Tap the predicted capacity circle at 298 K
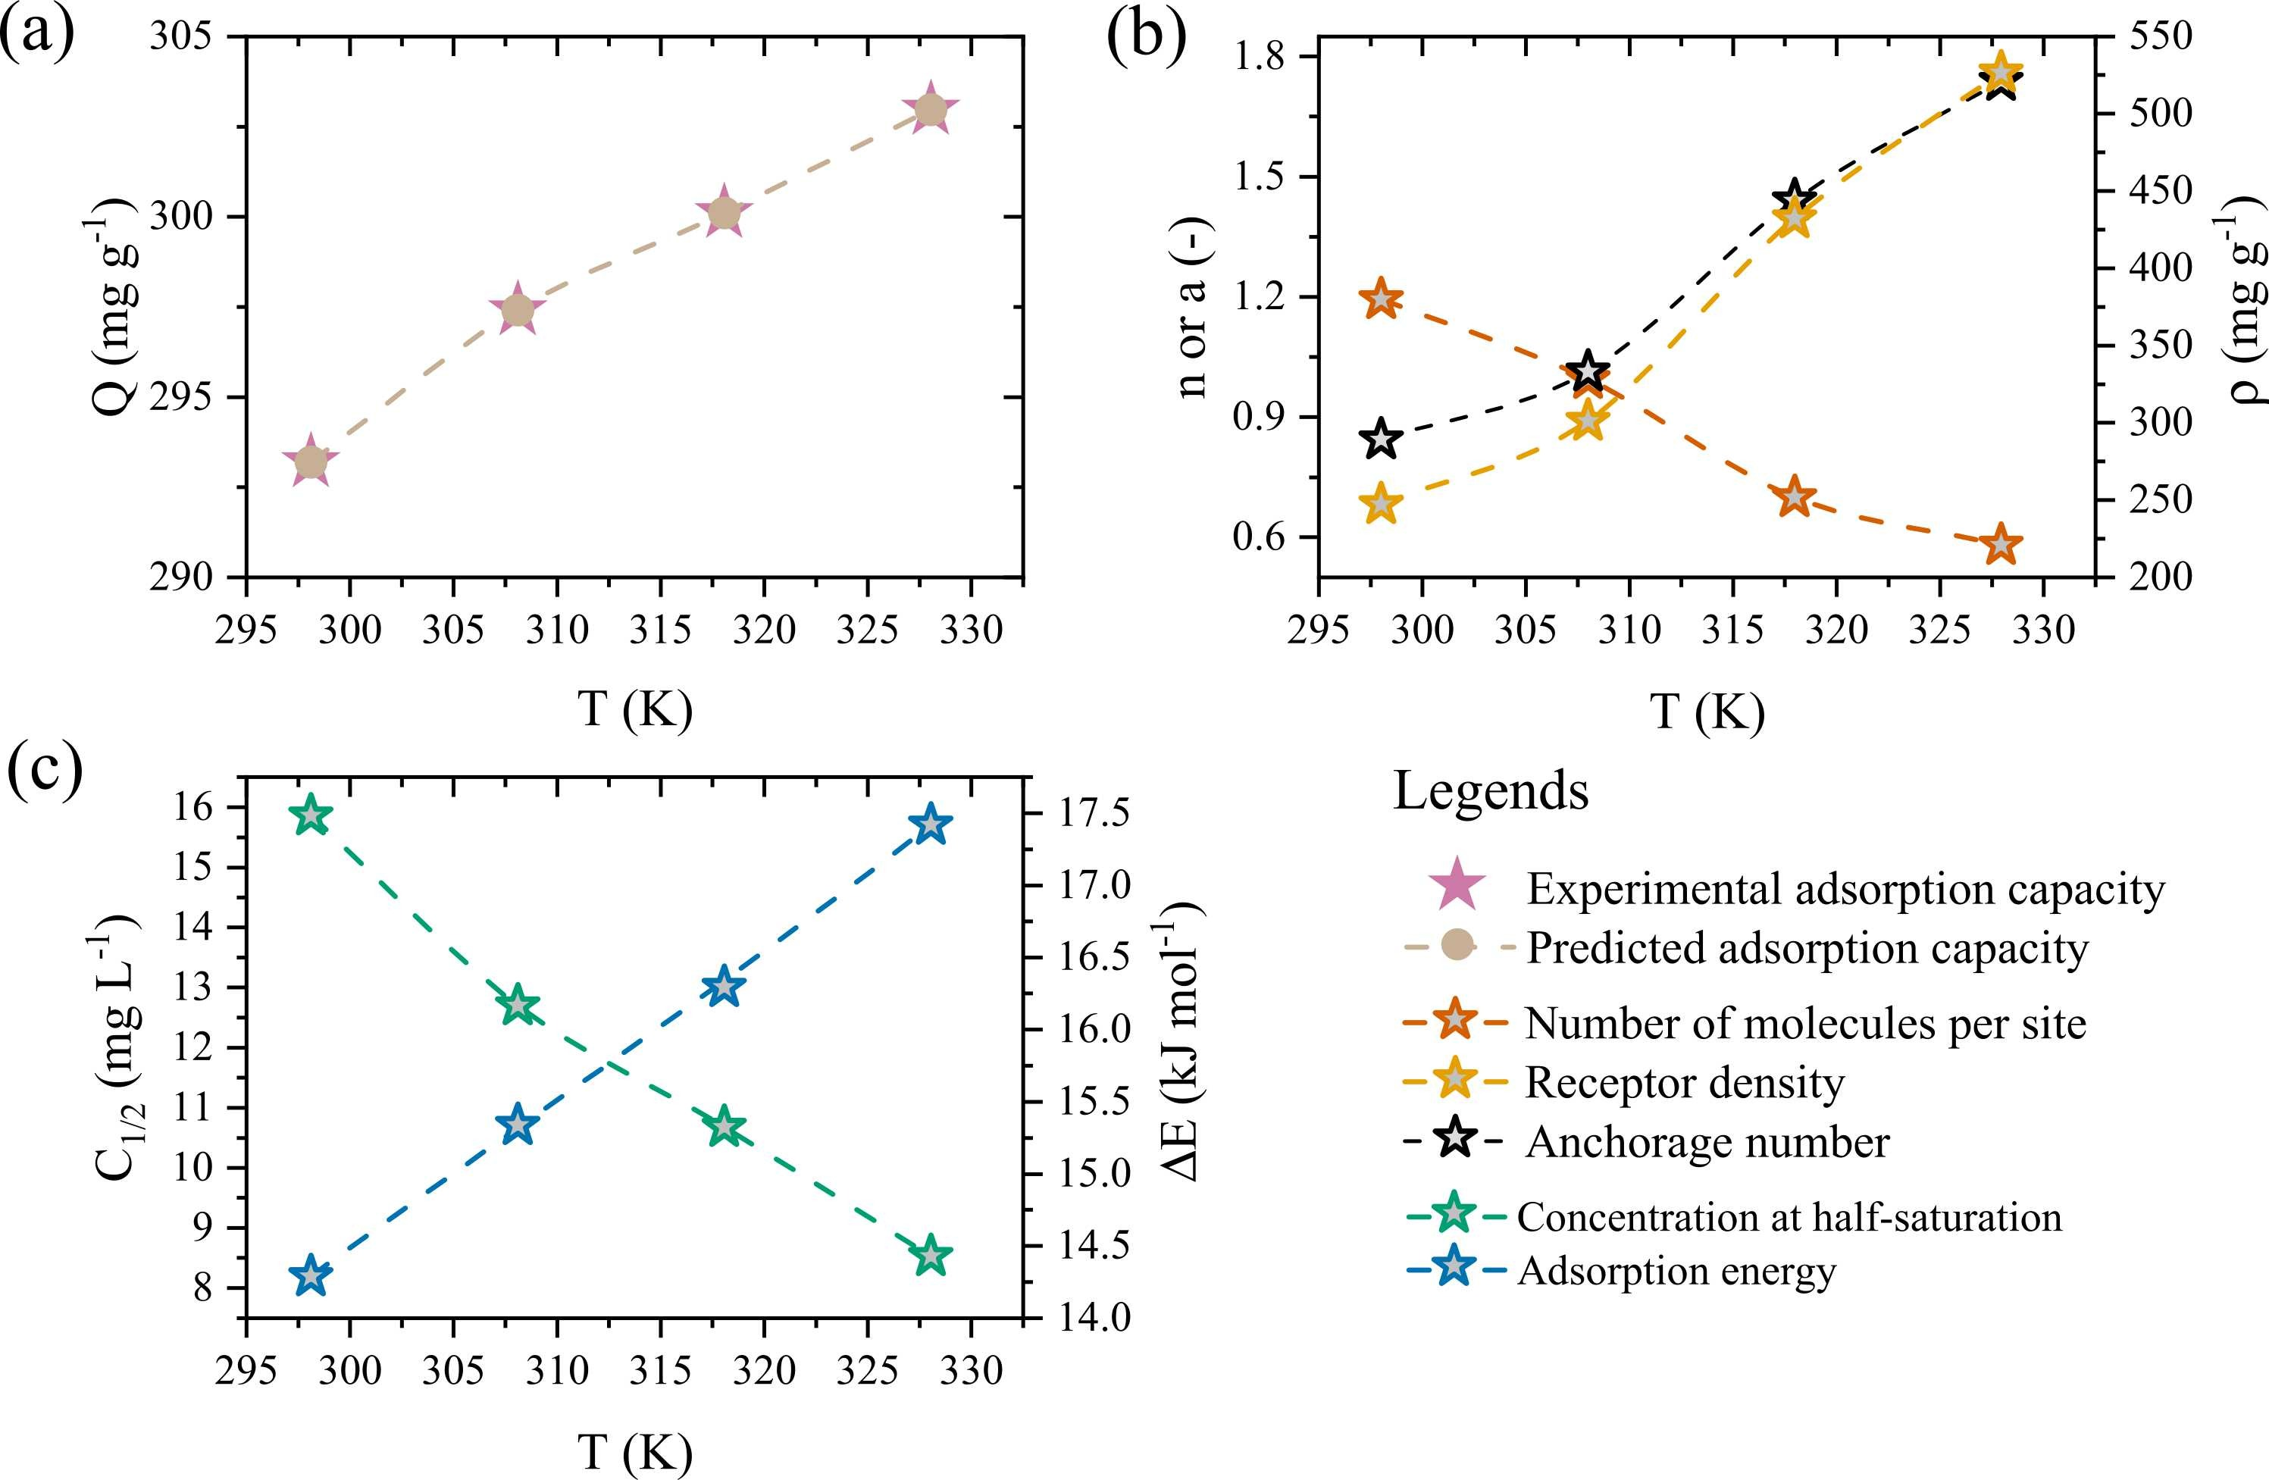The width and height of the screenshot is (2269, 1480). pos(311,462)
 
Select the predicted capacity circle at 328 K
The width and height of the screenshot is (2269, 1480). pos(931,111)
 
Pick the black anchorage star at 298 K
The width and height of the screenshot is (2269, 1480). pos(1382,440)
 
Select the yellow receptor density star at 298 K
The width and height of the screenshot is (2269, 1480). pos(1382,503)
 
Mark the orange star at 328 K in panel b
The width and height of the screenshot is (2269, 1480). pos(2000,546)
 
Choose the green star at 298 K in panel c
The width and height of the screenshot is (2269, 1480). pos(311,816)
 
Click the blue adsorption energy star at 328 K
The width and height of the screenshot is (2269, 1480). pos(931,824)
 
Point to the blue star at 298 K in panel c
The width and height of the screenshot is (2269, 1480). pos(311,1276)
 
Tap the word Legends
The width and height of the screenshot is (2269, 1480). pos(1490,790)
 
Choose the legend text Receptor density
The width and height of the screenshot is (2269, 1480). pos(1685,1082)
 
